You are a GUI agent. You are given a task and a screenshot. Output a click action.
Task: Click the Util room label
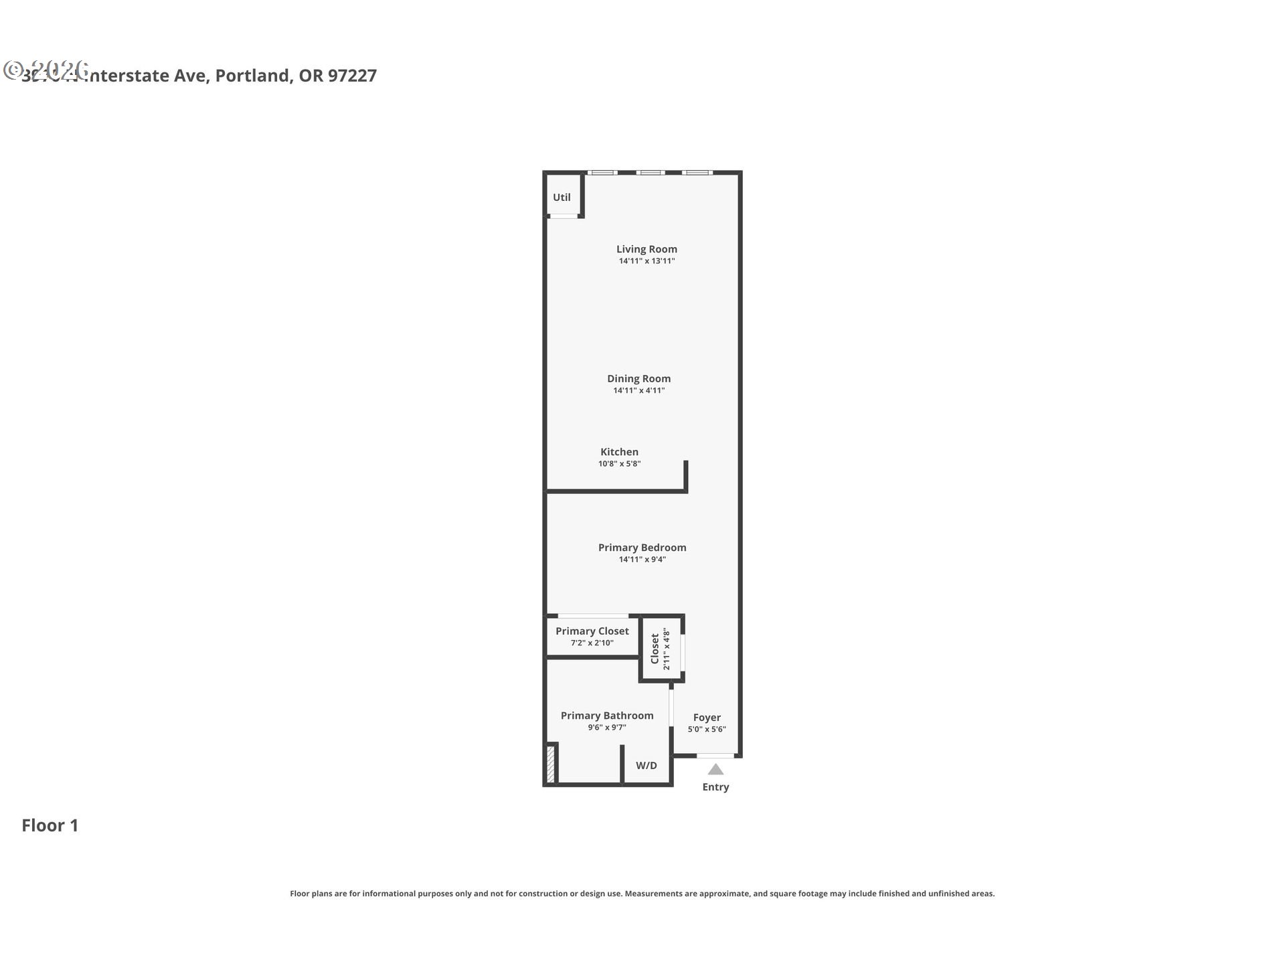(562, 197)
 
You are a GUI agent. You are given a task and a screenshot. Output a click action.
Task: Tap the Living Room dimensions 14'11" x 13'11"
(647, 261)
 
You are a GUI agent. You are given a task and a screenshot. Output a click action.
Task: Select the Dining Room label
(638, 378)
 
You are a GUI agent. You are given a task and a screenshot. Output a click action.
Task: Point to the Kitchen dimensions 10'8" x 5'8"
(619, 464)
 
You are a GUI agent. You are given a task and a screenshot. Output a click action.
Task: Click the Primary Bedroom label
(642, 548)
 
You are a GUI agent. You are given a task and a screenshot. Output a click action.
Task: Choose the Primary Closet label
(592, 631)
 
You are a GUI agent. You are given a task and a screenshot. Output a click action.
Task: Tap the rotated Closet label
(655, 648)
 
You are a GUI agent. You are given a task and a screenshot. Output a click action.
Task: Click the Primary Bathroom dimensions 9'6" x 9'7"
(606, 728)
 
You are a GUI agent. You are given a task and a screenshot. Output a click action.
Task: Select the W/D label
(646, 765)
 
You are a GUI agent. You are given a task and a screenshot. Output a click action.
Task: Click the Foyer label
(707, 717)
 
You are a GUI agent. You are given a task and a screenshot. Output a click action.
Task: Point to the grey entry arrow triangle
(715, 769)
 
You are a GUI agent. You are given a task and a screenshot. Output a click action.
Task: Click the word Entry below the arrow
(715, 787)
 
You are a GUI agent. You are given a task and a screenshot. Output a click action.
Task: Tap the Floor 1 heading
(50, 825)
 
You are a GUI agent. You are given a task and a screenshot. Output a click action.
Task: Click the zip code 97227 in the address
(352, 76)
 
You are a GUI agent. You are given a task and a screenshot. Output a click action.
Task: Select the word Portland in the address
(253, 76)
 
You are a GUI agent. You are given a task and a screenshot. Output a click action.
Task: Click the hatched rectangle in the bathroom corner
(550, 764)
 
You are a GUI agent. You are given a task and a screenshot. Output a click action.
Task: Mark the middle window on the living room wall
(650, 173)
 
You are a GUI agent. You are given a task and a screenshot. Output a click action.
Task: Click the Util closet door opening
(564, 216)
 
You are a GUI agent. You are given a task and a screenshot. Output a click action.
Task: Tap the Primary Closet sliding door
(593, 616)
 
